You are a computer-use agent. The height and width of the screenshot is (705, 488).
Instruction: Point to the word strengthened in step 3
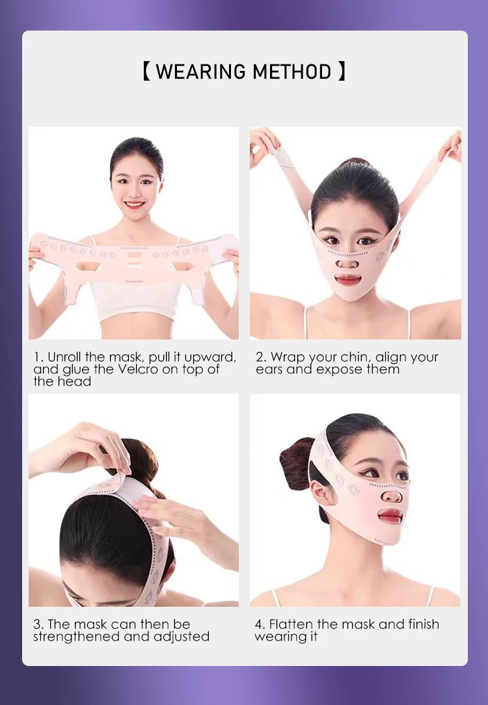click(77, 636)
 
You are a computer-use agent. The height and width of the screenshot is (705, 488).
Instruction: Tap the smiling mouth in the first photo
click(135, 205)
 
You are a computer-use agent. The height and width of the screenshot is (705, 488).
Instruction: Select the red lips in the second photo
click(349, 280)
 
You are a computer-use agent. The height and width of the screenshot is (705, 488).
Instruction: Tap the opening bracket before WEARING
click(146, 72)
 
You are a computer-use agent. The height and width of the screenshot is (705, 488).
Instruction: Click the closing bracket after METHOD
click(342, 72)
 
